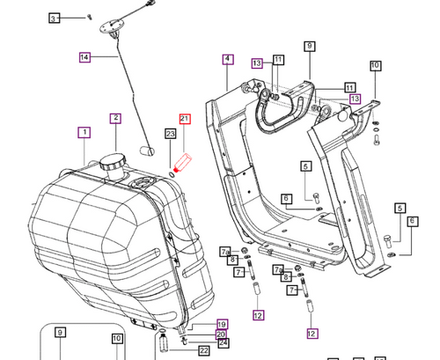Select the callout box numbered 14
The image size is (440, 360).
[84, 57]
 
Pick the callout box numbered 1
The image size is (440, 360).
[84, 133]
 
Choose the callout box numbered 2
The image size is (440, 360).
[115, 118]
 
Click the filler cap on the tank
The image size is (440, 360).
[113, 164]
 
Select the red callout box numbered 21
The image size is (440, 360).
[185, 118]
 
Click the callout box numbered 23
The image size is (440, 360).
[170, 133]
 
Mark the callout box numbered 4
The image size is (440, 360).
[227, 60]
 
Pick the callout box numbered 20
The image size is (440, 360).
[222, 334]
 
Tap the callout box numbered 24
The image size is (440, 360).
[223, 344]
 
